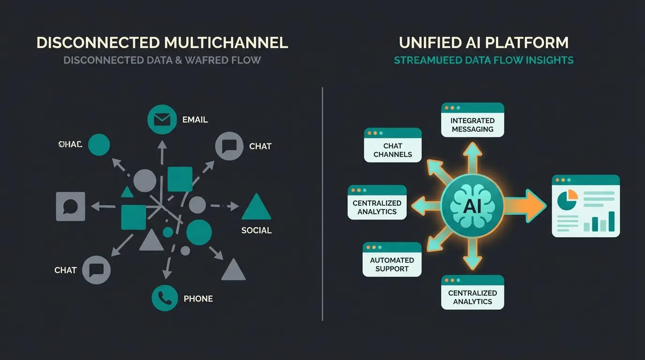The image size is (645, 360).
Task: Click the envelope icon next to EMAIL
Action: tap(162, 120)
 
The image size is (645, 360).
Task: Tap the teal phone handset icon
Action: tap(165, 298)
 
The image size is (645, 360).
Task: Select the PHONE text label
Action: tap(198, 299)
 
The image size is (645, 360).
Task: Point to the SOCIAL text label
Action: tap(256, 230)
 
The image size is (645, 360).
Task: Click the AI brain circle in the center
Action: tap(472, 206)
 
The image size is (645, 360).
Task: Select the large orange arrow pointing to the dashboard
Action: tap(525, 206)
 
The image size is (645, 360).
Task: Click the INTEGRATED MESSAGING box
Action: tap(472, 120)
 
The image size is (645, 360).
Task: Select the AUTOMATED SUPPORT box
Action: tap(392, 260)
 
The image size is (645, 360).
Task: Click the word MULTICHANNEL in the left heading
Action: tap(225, 43)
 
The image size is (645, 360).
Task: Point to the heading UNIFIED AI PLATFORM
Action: tap(483, 43)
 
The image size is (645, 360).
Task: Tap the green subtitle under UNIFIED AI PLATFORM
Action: tap(483, 60)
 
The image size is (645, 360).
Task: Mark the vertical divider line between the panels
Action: tap(322, 204)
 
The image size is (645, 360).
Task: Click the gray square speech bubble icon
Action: tap(70, 206)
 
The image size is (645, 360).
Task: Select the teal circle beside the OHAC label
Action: tap(99, 144)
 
